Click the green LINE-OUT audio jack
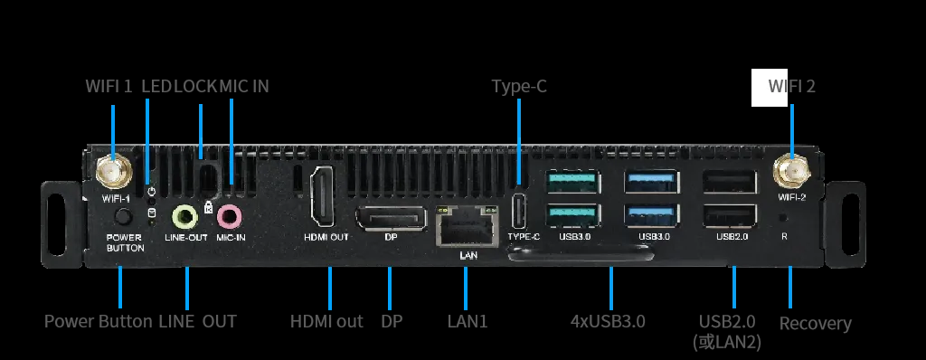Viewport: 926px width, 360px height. [184, 216]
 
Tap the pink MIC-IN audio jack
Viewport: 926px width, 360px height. [229, 216]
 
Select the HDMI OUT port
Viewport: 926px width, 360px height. [323, 195]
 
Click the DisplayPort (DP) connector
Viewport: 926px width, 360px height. [391, 218]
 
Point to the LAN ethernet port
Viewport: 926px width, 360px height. [466, 226]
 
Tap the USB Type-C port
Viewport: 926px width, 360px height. [518, 211]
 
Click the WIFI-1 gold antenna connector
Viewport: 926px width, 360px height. [113, 172]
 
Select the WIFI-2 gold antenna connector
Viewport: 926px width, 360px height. [791, 171]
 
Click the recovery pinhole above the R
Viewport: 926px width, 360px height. [784, 217]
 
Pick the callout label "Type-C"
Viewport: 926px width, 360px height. [519, 86]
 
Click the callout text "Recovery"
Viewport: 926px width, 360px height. [815, 323]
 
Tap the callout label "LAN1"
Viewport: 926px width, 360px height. [468, 322]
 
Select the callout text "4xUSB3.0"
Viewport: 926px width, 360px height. [608, 322]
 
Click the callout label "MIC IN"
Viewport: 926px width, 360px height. [244, 86]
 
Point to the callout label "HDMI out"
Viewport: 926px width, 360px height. [326, 322]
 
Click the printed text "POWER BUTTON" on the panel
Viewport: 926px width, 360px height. [125, 243]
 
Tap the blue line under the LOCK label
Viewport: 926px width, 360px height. [201, 131]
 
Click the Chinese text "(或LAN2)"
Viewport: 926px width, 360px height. [726, 342]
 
